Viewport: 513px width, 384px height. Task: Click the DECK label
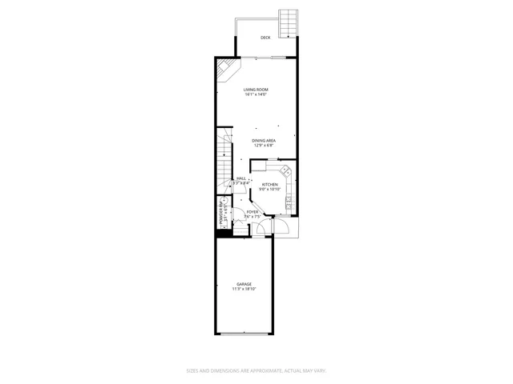(x=265, y=38)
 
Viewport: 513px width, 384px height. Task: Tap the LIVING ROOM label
(x=256, y=90)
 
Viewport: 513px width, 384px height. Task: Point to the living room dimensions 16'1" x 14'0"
(x=256, y=95)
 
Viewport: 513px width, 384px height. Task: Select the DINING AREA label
(x=264, y=141)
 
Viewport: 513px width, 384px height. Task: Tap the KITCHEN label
(x=270, y=184)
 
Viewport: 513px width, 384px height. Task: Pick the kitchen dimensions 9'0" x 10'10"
(x=270, y=190)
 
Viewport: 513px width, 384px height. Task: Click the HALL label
(x=241, y=178)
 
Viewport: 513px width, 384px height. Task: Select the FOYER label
(x=252, y=212)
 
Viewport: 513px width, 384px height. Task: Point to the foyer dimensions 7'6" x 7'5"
(x=252, y=217)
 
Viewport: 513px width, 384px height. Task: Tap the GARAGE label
(x=244, y=285)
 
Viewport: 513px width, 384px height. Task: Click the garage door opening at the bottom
(x=244, y=334)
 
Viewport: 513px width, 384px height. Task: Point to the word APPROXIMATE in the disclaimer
(x=255, y=370)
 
